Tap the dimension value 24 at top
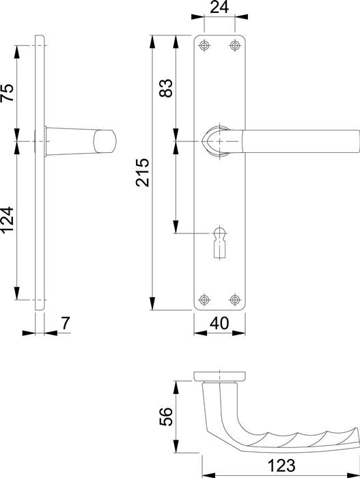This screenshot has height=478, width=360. pyautogui.click(x=220, y=9)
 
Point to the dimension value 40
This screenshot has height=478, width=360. pyautogui.click(x=220, y=322)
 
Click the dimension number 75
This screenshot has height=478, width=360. pyautogui.click(x=8, y=92)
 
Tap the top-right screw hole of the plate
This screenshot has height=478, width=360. pyautogui.click(x=236, y=46)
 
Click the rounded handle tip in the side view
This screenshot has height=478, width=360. pyautogui.click(x=106, y=141)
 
